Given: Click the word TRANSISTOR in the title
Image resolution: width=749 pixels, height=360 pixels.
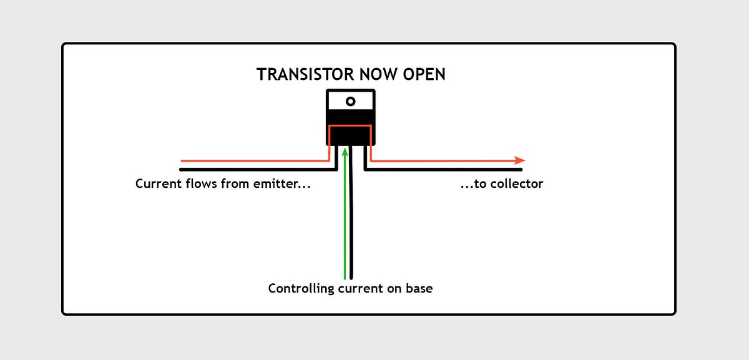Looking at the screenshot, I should [298, 74].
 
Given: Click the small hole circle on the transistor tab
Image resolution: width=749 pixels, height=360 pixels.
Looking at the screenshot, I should [351, 101].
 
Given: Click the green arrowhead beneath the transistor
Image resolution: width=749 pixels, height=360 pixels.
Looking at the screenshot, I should [345, 152].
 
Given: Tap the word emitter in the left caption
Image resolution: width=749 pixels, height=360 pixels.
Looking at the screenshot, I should [284, 185].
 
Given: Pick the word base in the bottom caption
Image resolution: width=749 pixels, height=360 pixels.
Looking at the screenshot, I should [419, 289].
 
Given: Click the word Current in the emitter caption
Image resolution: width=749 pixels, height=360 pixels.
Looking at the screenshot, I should [157, 185].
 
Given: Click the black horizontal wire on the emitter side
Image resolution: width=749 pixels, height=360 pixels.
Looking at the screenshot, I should [250, 169].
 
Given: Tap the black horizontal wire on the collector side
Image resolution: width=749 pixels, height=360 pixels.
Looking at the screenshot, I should [449, 169].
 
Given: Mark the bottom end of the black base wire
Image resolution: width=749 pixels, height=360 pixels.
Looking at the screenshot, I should [352, 276].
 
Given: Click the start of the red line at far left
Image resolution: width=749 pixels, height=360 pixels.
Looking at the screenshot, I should [182, 161].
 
